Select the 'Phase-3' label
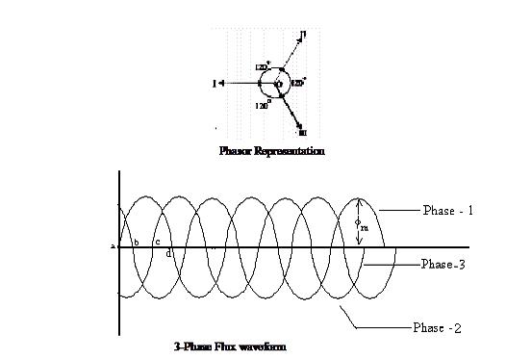(446, 263)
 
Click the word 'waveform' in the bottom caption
(264, 346)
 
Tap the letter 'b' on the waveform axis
(137, 243)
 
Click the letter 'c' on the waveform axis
(157, 243)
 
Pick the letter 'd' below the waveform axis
(168, 253)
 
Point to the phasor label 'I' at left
(213, 84)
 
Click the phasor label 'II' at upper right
(303, 35)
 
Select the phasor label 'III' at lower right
(303, 132)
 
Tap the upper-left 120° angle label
(262, 66)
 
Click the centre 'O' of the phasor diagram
(279, 85)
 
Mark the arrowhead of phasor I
(222, 84)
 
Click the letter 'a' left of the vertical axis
(113, 246)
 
